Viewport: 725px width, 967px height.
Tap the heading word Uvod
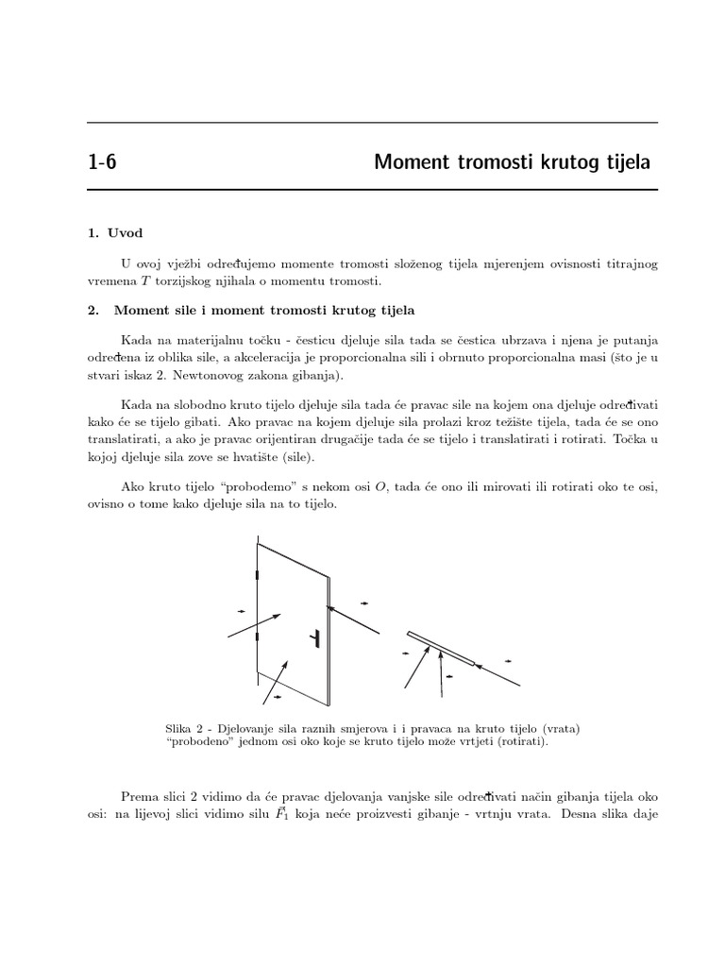point(126,232)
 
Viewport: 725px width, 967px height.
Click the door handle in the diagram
point(315,639)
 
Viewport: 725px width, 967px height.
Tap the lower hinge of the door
point(257,638)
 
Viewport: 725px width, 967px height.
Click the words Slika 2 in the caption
point(184,727)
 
